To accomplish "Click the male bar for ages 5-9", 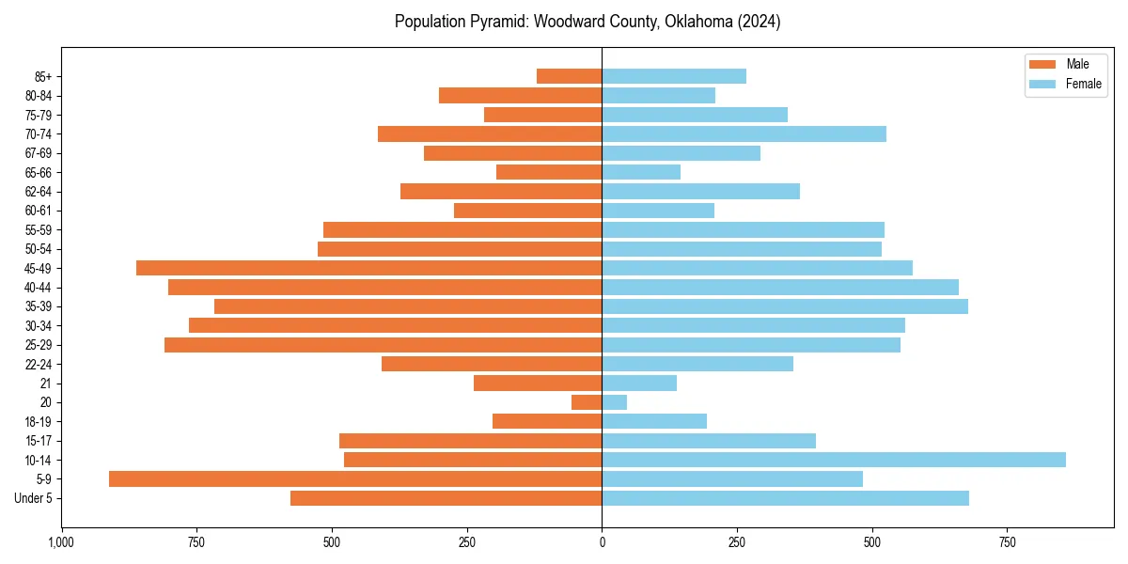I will coord(355,479).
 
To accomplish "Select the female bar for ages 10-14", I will coord(834,460).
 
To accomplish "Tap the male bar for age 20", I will coord(587,402).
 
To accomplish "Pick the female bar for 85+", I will coord(674,76).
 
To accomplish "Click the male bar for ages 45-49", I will coord(368,268).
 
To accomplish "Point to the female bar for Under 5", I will coord(785,498).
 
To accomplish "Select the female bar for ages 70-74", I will coord(744,133).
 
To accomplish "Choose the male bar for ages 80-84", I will coord(520,95).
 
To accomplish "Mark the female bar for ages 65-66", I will coord(641,172).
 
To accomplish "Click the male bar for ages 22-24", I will coord(492,364).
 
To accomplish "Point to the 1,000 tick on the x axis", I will coord(61,543).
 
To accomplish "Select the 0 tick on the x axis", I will coord(602,543).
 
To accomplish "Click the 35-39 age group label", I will coord(39,306).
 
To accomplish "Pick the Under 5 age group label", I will coord(34,498).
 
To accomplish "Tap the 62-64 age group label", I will coord(39,191).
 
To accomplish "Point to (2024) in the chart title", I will coord(758,22).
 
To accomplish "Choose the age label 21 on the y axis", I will coord(46,384).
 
